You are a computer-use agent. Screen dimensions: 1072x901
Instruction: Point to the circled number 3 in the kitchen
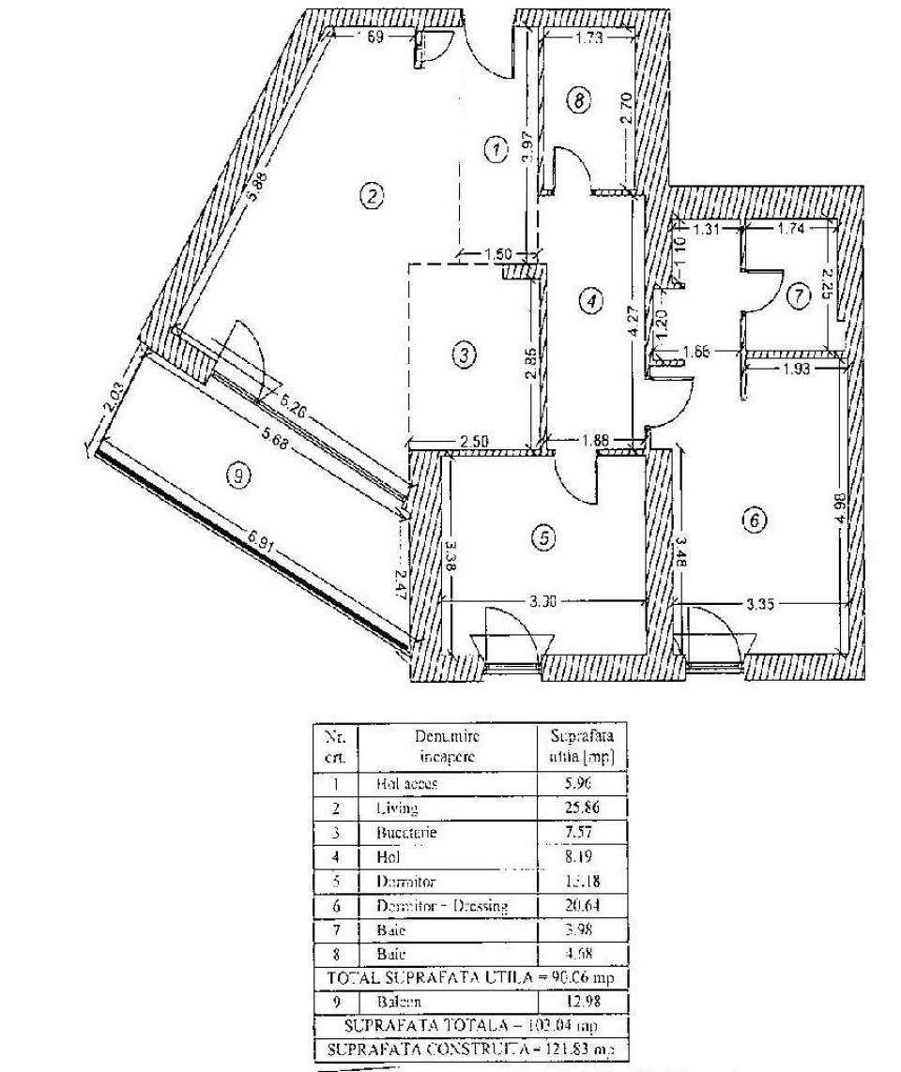point(464,355)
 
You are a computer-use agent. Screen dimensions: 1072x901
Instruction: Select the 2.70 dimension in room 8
point(628,103)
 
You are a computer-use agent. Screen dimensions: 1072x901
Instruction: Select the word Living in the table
point(396,807)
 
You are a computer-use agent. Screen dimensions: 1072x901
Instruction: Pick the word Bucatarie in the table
point(405,832)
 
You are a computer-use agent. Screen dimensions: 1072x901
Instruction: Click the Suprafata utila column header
point(581,746)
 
